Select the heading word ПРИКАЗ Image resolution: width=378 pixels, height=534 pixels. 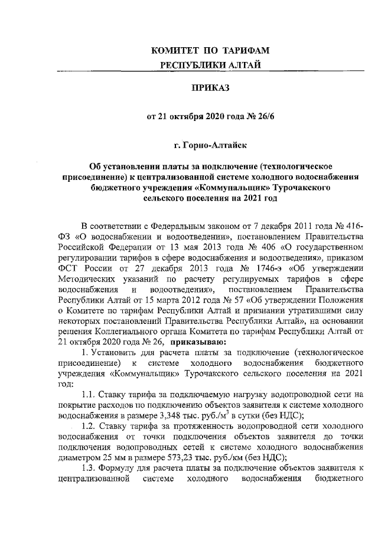(211, 88)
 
